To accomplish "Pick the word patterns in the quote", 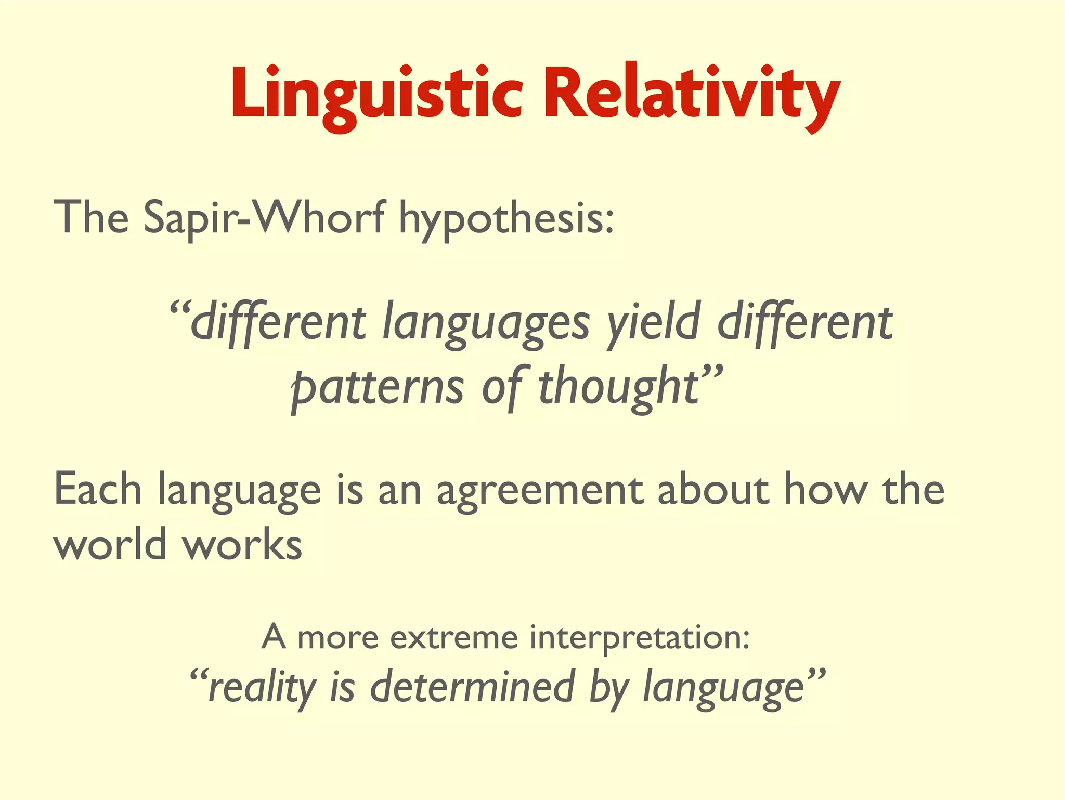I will point(377,387).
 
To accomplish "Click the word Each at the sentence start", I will point(97,490).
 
